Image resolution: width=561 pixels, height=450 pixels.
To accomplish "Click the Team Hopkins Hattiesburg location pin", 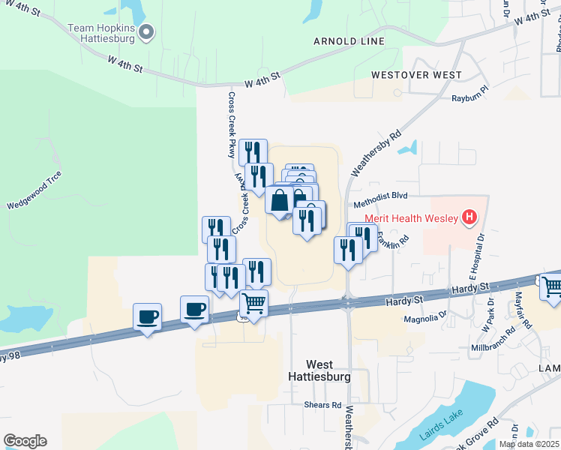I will pos(147,31).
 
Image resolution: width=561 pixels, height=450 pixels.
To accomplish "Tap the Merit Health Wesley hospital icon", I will pos(469,218).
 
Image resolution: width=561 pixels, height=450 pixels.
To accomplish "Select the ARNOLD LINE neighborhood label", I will pos(349,41).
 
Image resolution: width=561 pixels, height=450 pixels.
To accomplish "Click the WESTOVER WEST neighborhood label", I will pos(416,75).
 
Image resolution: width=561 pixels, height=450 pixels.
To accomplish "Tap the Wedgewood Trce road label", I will pos(34,191).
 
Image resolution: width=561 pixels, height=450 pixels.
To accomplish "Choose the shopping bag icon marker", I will pos(280,200).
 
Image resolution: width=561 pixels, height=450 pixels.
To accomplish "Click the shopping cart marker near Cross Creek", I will pos(253,304).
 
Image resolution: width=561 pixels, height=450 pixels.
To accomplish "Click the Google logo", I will pos(25,441).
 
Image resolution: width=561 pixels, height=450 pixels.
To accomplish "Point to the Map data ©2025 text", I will pos(529,444).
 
